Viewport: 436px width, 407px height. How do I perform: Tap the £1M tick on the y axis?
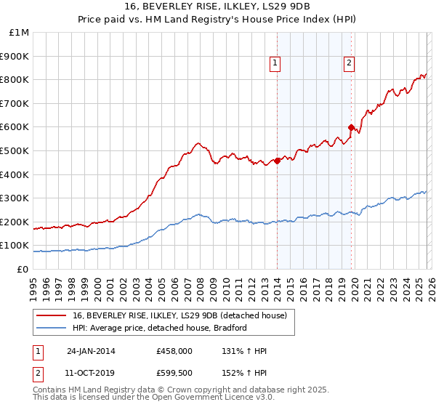click(x=19, y=33)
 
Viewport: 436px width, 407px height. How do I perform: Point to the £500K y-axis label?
click(x=16, y=151)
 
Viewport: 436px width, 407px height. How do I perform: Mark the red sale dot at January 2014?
click(x=278, y=161)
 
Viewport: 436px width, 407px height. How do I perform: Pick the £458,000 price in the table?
click(x=174, y=351)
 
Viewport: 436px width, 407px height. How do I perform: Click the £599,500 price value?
click(x=174, y=373)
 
